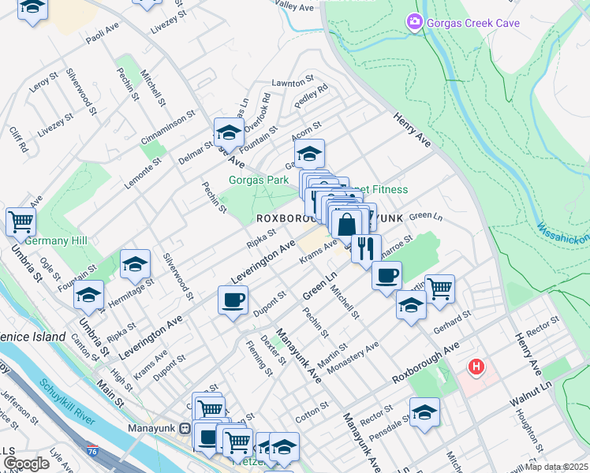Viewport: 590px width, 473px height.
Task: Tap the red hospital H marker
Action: tap(476, 367)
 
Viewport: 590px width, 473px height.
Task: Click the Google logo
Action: tap(25, 464)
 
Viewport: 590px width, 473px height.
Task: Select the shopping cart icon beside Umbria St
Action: tap(21, 221)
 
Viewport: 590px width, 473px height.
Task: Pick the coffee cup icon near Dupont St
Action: tap(233, 300)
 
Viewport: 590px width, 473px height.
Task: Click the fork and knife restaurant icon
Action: tap(365, 248)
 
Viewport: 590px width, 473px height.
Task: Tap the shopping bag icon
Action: tap(346, 224)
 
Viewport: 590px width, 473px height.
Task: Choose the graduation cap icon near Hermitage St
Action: tap(136, 265)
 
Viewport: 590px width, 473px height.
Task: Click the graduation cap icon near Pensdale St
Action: tap(424, 412)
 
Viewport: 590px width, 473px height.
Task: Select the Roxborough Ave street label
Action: tap(425, 363)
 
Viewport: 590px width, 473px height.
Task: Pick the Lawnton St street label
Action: tap(293, 81)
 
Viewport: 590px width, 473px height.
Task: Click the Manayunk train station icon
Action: tap(184, 429)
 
